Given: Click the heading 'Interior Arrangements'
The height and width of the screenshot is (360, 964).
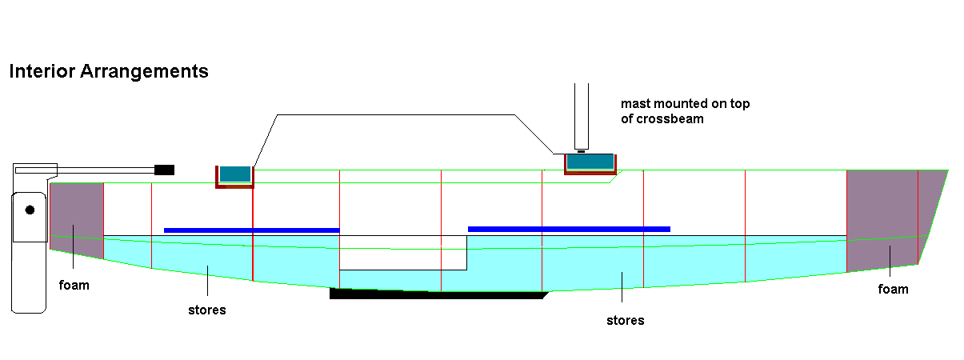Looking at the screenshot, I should click(x=109, y=71).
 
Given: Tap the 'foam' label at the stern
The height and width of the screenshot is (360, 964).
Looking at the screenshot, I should click(x=74, y=285).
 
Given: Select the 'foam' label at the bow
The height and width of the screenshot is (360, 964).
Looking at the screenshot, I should click(x=893, y=289).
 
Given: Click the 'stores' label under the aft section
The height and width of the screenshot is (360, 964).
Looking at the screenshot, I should click(x=206, y=310).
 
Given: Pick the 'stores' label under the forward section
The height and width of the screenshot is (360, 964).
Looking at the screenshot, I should click(x=625, y=321).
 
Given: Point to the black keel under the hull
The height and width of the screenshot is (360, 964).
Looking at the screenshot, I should click(x=436, y=294).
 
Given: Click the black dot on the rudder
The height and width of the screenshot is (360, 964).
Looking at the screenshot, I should click(x=30, y=210).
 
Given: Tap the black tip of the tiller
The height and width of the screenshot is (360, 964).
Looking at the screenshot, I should click(x=164, y=170).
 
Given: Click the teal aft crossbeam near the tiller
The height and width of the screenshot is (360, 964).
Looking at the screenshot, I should click(x=235, y=174).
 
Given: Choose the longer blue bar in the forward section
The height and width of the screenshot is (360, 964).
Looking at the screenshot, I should click(x=569, y=229).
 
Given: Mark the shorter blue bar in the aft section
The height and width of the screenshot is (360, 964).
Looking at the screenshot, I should click(x=251, y=230).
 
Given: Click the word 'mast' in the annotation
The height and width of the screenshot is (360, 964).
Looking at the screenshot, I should click(x=637, y=104).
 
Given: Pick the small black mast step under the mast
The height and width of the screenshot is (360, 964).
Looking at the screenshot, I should click(x=582, y=151).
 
